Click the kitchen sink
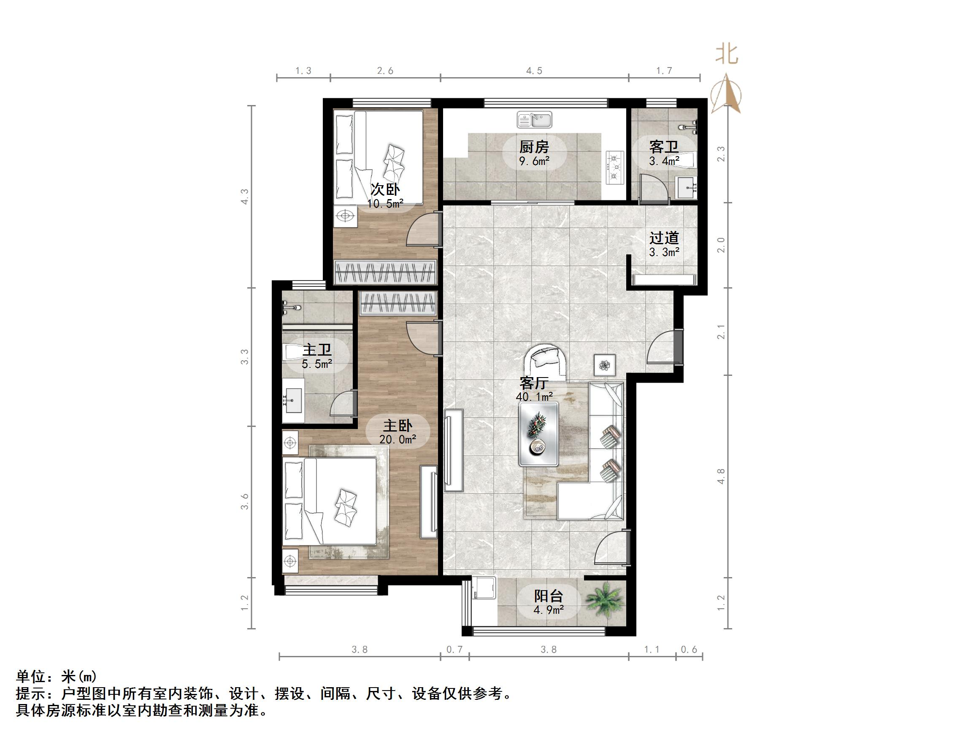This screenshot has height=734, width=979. [534, 119]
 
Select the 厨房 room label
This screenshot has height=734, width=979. [534, 146]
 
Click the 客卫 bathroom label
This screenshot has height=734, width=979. [663, 146]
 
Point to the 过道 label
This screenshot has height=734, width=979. [664, 238]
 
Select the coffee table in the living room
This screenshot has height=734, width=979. [538, 434]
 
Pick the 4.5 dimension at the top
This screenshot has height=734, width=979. [534, 71]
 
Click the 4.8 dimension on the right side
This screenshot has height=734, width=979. [721, 476]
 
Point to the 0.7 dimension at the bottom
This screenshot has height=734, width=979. [454, 650]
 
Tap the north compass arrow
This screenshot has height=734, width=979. [726, 95]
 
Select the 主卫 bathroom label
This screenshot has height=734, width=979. [317, 350]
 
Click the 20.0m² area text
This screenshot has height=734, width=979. [398, 439]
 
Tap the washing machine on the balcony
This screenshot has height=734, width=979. [484, 587]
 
